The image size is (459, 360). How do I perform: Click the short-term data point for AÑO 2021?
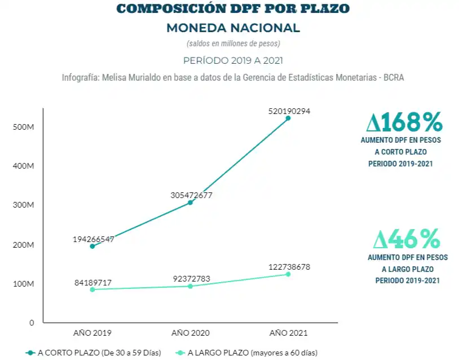pyautogui.click(x=288, y=118)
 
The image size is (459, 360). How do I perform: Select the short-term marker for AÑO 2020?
pyautogui.click(x=190, y=202)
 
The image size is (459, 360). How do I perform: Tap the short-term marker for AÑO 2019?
pyautogui.click(x=92, y=246)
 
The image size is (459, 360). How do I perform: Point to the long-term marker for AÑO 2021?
pyautogui.click(x=288, y=274)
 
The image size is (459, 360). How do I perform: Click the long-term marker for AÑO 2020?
pyautogui.click(x=190, y=286)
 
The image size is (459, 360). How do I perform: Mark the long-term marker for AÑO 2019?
pyautogui.click(x=92, y=289)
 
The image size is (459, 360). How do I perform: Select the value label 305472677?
pyautogui.click(x=191, y=195)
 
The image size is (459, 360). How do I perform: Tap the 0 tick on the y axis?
pyautogui.click(x=32, y=323)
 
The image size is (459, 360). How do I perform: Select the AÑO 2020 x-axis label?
pyautogui.click(x=190, y=333)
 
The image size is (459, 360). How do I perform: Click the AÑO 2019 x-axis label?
pyautogui.click(x=92, y=333)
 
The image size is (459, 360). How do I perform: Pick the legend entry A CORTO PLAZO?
pyautogui.click(x=94, y=353)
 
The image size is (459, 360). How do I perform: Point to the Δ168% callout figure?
pyautogui.click(x=404, y=122)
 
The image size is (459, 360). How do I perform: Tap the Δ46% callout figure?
pyautogui.click(x=406, y=240)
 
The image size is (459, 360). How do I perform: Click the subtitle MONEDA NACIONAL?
pyautogui.click(x=232, y=28)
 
